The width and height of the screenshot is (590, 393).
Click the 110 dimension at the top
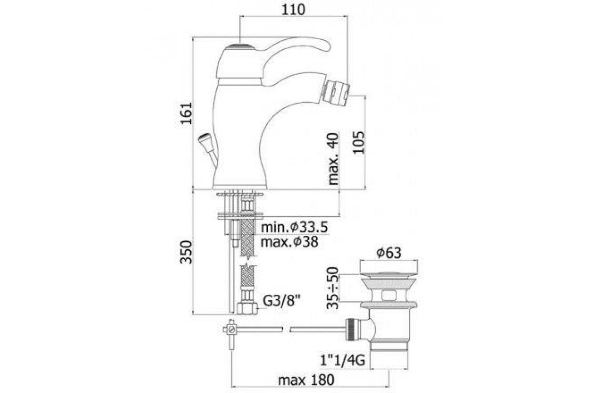click(294, 10)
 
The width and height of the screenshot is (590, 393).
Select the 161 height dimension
click(186, 113)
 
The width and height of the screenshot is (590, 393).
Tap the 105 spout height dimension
click(358, 142)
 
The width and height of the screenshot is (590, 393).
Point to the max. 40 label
click(333, 159)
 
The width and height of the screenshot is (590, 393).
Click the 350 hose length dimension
click(186, 252)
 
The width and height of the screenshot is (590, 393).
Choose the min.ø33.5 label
click(295, 227)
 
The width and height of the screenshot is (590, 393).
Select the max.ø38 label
click(290, 242)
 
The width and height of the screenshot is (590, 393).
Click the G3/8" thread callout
click(282, 301)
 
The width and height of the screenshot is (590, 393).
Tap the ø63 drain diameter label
click(389, 253)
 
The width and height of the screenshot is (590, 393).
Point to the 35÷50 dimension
click(332, 288)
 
